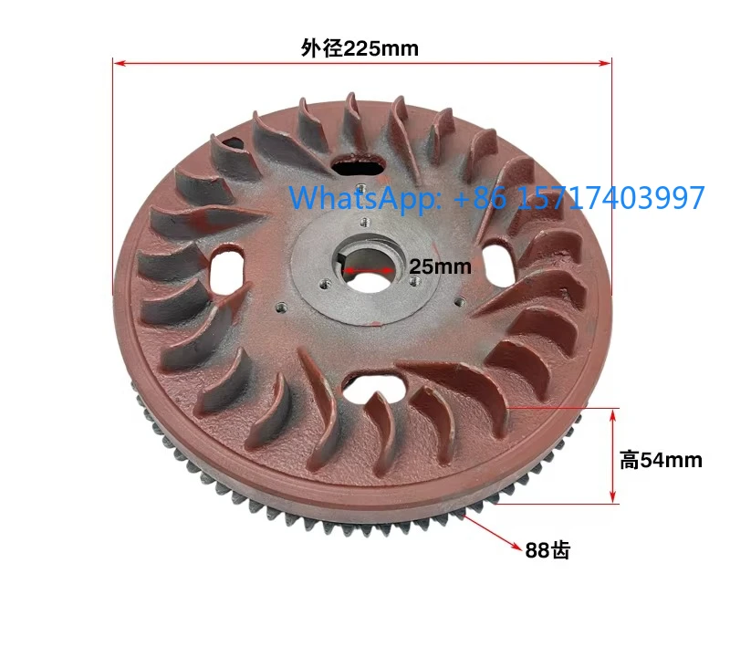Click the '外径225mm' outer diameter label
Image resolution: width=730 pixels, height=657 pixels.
[x=360, y=48]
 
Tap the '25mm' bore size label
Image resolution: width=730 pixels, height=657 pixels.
[x=440, y=266]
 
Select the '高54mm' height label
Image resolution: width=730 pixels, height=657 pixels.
[x=662, y=460]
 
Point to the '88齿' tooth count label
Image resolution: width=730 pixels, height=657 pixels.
[x=547, y=550]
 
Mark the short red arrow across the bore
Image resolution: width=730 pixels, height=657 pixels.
[x=375, y=270]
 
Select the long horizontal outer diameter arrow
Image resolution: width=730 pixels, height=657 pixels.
[x=362, y=63]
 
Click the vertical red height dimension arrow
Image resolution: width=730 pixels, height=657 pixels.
[x=612, y=455]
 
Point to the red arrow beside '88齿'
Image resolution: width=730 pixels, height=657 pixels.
[x=493, y=533]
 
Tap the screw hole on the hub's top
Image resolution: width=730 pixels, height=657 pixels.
[x=363, y=221]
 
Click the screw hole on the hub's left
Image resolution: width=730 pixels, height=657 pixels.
[x=280, y=308]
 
